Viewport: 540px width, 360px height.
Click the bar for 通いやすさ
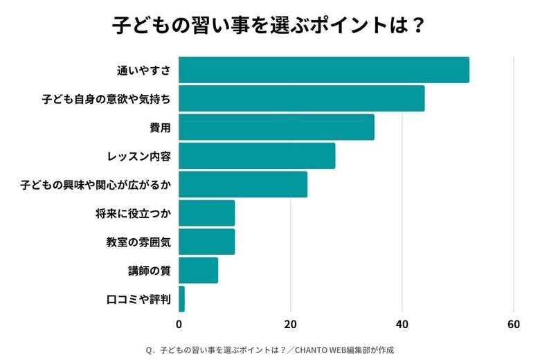(x=324, y=70)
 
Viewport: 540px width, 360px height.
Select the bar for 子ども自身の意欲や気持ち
(x=302, y=99)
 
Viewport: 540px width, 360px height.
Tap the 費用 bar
(x=276, y=127)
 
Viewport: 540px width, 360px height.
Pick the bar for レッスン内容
(x=257, y=156)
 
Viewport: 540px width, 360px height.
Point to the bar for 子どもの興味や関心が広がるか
(x=243, y=185)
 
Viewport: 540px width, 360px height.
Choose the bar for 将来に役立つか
(x=207, y=213)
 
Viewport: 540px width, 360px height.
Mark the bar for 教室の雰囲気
(x=207, y=242)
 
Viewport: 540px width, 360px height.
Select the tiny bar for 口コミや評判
(x=182, y=299)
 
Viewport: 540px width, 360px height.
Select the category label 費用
(x=160, y=127)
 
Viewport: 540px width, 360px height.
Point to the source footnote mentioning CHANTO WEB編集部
(x=269, y=350)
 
